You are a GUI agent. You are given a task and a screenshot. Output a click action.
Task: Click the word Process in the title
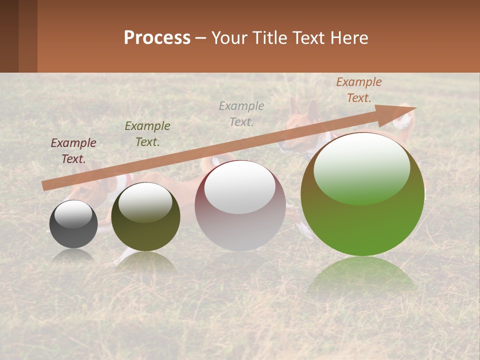157,38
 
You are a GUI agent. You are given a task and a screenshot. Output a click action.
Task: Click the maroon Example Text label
73,151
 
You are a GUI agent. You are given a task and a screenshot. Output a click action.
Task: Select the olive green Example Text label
147,134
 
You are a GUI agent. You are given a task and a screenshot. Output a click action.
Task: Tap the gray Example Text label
241,113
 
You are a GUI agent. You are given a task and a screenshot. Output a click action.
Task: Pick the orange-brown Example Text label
358,90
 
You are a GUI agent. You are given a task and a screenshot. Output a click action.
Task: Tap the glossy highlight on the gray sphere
73,213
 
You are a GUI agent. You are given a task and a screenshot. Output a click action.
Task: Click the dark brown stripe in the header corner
9,36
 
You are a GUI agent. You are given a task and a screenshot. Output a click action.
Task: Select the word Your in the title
229,38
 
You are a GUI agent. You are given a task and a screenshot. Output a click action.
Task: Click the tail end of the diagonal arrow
45,186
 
